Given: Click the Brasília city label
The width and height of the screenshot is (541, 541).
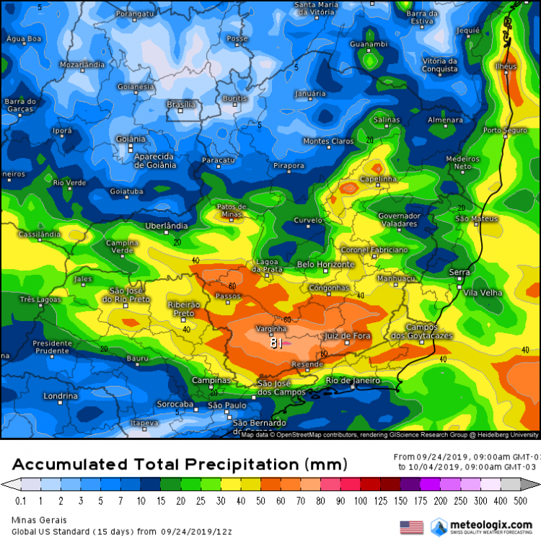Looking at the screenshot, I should (x=181, y=105).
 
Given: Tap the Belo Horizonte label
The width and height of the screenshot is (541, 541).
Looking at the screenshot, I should (x=326, y=265).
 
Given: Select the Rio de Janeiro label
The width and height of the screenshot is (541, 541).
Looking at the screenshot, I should (x=353, y=380).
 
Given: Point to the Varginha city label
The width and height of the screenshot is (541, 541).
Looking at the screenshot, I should (x=272, y=330).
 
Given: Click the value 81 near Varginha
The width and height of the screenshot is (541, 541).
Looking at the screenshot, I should (x=276, y=344).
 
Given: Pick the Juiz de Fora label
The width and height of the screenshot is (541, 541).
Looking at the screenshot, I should (x=348, y=336).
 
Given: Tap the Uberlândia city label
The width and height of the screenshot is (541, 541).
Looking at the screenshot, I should (x=167, y=226).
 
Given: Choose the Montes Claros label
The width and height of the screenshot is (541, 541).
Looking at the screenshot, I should (x=329, y=141).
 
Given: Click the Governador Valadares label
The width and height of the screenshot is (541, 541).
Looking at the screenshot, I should (x=399, y=219).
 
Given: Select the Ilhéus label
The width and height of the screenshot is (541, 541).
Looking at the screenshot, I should (x=506, y=66).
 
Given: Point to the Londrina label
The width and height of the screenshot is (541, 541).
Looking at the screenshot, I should (x=61, y=396).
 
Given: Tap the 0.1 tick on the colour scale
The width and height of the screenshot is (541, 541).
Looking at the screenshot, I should (x=20, y=501).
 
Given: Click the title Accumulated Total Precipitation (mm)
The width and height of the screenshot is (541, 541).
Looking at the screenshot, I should (x=180, y=463).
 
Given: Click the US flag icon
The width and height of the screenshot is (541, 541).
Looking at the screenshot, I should (x=411, y=527).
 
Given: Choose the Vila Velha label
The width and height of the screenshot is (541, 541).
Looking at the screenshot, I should (x=483, y=292).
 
